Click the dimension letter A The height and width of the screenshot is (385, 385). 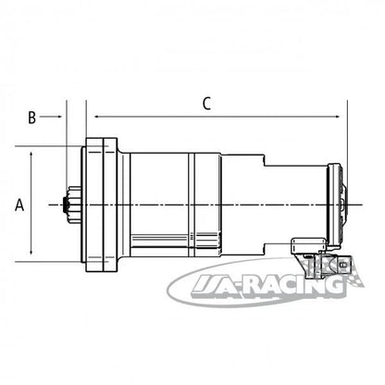(x=19, y=205)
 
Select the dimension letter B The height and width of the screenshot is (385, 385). (x=31, y=118)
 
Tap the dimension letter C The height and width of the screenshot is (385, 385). (x=206, y=104)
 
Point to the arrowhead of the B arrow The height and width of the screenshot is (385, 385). (x=60, y=117)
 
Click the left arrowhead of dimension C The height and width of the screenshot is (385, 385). (x=97, y=117)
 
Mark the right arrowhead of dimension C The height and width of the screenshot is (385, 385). (x=337, y=117)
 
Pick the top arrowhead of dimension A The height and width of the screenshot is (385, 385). (x=31, y=155)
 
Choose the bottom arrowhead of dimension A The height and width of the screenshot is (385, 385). (x=31, y=252)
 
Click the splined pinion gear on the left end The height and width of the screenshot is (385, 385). (x=75, y=205)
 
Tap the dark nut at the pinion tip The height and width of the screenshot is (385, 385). (x=66, y=205)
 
